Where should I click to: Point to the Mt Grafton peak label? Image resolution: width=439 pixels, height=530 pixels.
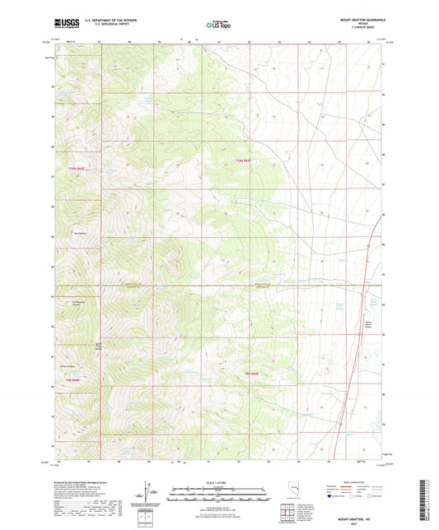tap(81, 235)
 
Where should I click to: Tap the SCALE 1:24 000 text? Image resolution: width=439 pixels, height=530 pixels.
tap(218, 481)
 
